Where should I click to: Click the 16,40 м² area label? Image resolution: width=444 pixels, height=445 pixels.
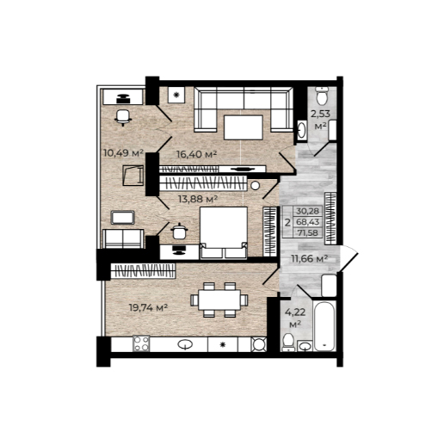(x=196, y=154)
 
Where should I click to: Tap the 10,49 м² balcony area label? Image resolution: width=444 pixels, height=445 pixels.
(x=123, y=153)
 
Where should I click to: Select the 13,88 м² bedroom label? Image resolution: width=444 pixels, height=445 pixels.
(x=198, y=199)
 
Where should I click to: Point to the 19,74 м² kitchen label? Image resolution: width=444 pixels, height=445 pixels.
(x=148, y=308)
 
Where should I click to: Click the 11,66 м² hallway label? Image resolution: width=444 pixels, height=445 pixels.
(x=310, y=259)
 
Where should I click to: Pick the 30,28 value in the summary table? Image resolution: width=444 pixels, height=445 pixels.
(x=307, y=211)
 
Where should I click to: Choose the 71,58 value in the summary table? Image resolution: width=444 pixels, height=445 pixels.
(x=308, y=232)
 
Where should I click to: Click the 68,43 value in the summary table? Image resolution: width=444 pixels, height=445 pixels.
(x=308, y=222)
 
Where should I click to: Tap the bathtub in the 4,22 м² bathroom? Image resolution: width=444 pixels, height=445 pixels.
(x=324, y=326)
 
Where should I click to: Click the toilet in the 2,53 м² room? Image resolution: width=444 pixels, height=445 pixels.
(x=322, y=96)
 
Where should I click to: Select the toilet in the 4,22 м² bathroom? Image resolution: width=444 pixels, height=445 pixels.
(x=288, y=343)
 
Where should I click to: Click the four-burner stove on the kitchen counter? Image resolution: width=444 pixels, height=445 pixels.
(x=141, y=343)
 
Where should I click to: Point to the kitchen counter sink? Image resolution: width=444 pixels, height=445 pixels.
(x=185, y=344)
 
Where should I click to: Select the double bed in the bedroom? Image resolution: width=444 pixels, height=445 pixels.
(x=224, y=232)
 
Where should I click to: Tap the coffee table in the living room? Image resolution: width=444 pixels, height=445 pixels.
(x=244, y=127)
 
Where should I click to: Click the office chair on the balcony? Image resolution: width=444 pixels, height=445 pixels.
(x=123, y=118)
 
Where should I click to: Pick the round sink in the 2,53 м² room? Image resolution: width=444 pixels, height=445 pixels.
(x=301, y=131)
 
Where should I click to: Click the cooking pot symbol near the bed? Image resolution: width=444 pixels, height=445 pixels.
(x=179, y=232)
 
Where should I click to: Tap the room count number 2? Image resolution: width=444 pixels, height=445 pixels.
(x=287, y=222)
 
